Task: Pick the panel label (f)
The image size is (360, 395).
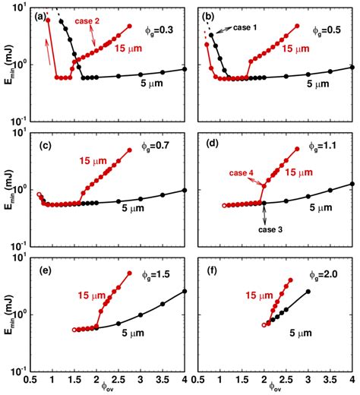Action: pos(207,263)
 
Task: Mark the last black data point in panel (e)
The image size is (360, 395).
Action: pos(185,291)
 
